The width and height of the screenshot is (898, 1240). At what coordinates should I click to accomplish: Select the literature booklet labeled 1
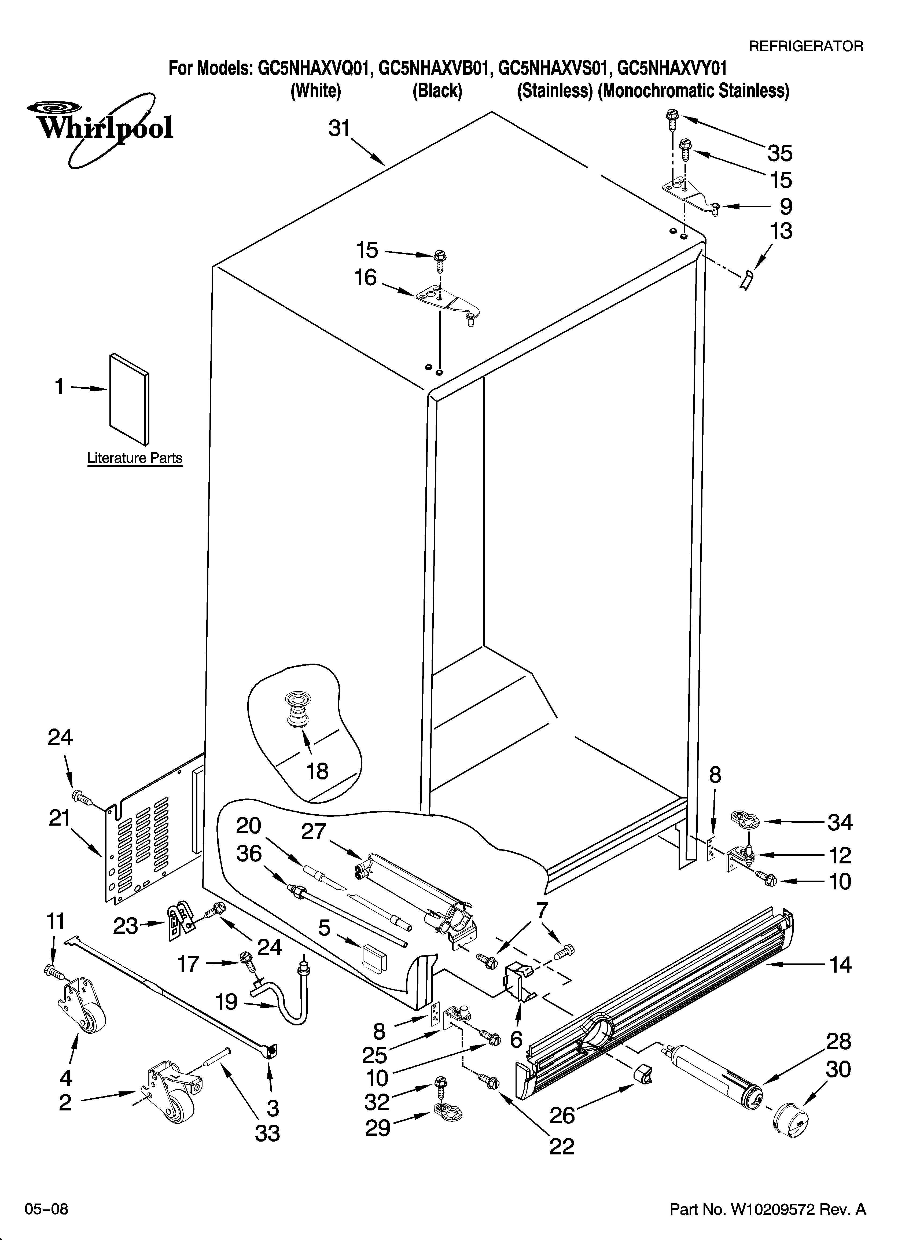pyautogui.click(x=129, y=399)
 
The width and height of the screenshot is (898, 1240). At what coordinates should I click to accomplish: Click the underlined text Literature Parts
pyautogui.click(x=135, y=458)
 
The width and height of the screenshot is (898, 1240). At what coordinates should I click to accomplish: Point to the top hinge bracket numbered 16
pyautogui.click(x=446, y=303)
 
